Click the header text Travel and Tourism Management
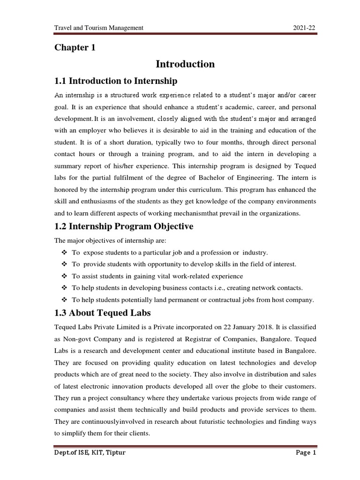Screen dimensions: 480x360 point(99,28)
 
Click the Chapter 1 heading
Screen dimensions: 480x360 point(75,48)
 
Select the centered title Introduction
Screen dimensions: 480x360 point(186,64)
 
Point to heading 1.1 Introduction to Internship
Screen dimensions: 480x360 point(116,81)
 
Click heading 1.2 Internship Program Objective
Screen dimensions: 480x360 point(124,226)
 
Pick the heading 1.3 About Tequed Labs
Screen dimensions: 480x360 point(103,313)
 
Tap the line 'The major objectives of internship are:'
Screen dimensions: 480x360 point(111,240)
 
